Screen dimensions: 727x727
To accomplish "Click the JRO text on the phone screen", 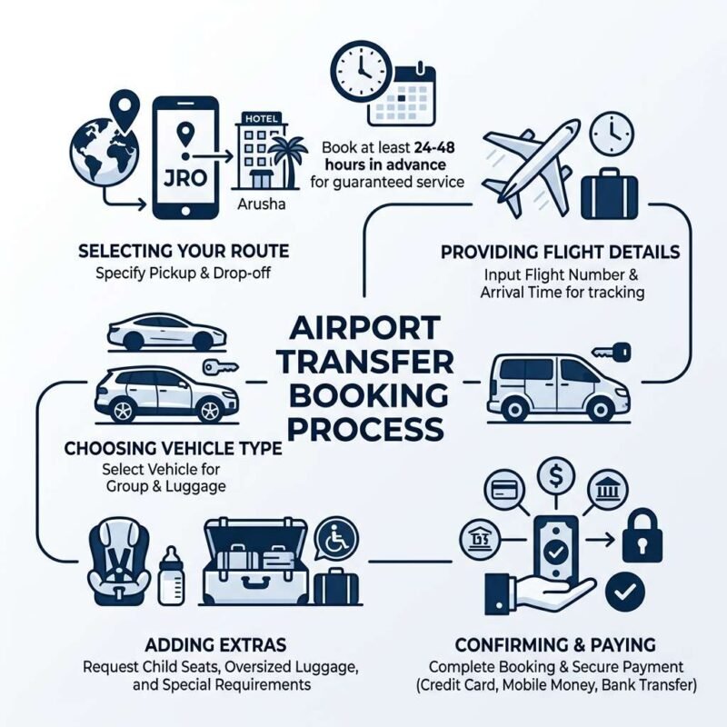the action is (x=185, y=178).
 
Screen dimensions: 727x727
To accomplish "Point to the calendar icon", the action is (x=402, y=95).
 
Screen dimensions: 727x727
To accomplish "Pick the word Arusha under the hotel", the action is (x=262, y=204).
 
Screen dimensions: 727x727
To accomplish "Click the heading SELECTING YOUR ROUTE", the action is (x=184, y=252).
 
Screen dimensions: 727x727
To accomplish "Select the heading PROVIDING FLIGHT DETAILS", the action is (x=560, y=253).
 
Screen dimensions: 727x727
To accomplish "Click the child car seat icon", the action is (x=119, y=562).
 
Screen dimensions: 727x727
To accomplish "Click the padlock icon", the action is (x=642, y=535).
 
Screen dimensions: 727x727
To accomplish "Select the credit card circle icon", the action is (x=505, y=490).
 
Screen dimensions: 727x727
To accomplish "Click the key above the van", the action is (x=612, y=352).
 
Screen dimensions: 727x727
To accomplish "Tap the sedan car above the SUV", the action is (x=166, y=332).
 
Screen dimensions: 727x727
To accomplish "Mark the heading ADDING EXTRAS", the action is (x=215, y=645).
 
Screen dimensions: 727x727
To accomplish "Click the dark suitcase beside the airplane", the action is (x=609, y=194).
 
